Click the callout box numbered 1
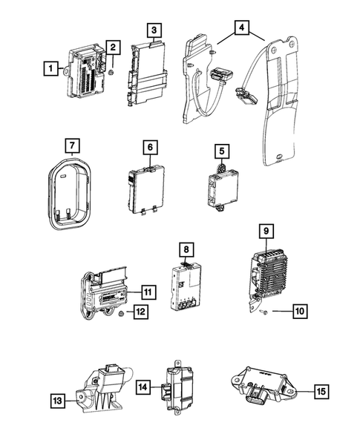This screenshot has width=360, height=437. [x=50, y=70]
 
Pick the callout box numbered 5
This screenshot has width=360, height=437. [x=220, y=151]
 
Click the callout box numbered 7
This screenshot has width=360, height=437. [x=71, y=143]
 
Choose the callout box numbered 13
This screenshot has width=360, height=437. [x=56, y=401]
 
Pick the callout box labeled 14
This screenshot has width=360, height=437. [x=143, y=387]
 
